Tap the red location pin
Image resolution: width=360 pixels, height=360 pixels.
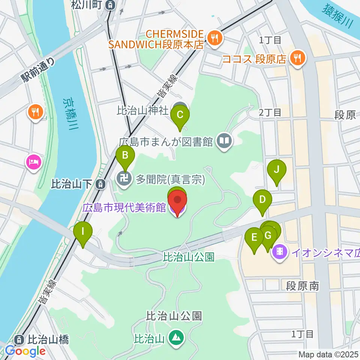coord(178,201)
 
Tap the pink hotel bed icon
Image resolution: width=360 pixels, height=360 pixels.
coord(34,162)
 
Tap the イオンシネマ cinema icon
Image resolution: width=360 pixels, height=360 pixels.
coord(280,249)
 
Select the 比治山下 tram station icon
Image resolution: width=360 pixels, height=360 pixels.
coord(100,184)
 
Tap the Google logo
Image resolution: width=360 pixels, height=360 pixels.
coord(25,351)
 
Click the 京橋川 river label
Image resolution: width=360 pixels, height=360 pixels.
coord(70,114)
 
